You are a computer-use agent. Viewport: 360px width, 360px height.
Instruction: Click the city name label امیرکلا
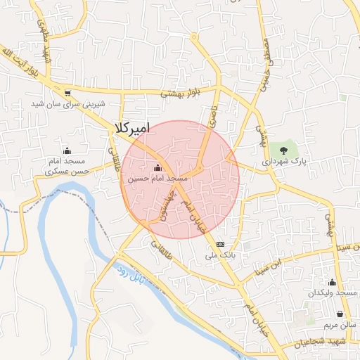131,128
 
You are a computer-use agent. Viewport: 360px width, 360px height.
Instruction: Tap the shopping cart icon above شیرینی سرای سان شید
67,92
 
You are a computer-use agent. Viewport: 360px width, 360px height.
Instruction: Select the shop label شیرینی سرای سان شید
67,103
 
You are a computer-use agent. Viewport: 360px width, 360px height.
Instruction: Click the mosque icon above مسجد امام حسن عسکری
67,150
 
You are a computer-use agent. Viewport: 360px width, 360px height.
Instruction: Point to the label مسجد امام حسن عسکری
67,166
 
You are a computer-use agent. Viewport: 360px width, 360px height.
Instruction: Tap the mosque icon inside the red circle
157,167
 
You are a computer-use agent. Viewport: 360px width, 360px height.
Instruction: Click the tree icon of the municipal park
284,149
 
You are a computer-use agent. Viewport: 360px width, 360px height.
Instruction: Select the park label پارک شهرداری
285,162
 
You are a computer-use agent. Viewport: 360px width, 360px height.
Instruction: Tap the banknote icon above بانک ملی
221,244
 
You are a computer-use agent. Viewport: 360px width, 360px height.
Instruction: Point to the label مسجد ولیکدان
338,292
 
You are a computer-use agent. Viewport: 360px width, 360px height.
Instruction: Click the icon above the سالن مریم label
341,314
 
